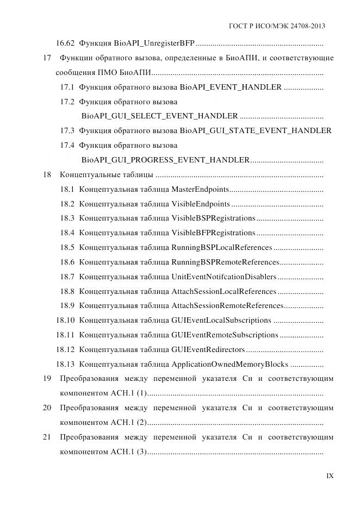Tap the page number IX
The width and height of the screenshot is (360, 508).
[330, 476]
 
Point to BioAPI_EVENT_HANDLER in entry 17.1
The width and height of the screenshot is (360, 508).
[231, 87]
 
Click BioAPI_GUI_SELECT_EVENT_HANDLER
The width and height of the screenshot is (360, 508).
[159, 116]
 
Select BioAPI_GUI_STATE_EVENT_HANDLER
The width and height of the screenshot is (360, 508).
[256, 131]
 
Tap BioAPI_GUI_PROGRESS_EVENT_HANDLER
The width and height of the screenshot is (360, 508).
[165, 160]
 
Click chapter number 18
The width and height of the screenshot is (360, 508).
[47, 175]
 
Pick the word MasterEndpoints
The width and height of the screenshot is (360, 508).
[200, 190]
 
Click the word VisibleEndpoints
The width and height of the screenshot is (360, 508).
[200, 204]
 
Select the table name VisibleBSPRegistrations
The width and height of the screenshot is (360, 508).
[213, 218]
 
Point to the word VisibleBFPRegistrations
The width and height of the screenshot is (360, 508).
[213, 233]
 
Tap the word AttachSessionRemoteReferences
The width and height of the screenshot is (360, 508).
[227, 306]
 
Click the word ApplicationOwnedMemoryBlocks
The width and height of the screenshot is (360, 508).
[230, 365]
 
